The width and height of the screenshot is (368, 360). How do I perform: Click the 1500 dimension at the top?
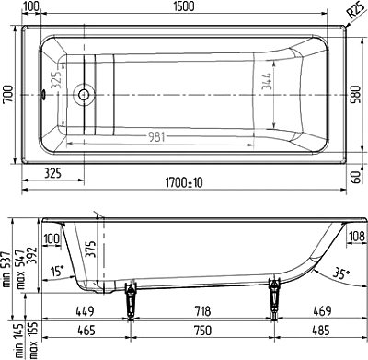pos(184,6)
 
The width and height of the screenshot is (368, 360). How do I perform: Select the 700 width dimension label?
pos(8,94)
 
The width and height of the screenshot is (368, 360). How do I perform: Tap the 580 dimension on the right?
pos(356,95)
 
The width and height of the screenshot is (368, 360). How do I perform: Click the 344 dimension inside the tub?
pos(266,81)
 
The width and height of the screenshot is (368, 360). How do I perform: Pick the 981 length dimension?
pos(156,137)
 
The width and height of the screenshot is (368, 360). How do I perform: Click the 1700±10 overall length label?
pos(184,183)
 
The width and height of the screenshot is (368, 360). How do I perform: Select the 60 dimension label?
pos(356,178)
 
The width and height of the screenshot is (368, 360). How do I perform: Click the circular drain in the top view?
pos(84,95)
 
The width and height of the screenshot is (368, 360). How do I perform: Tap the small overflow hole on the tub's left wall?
pos(43,94)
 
